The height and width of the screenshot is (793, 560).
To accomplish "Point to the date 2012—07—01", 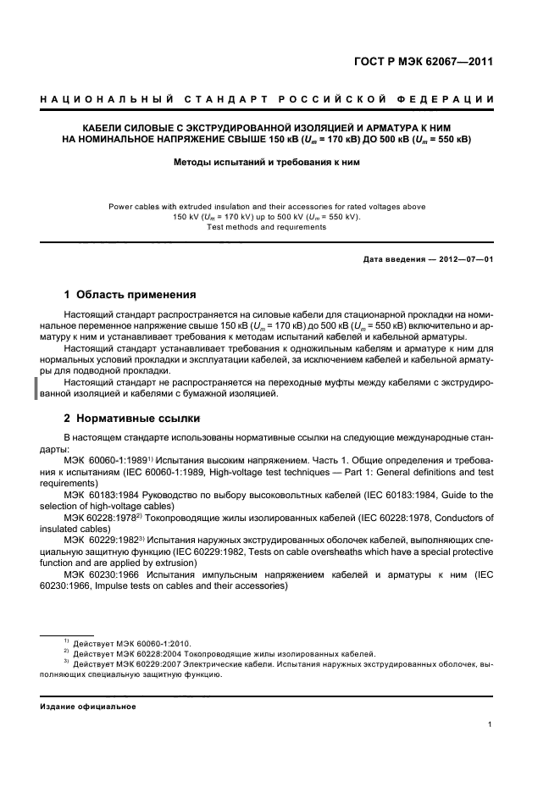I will click(x=464, y=258).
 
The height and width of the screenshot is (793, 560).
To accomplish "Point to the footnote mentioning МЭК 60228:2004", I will click(x=224, y=654).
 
